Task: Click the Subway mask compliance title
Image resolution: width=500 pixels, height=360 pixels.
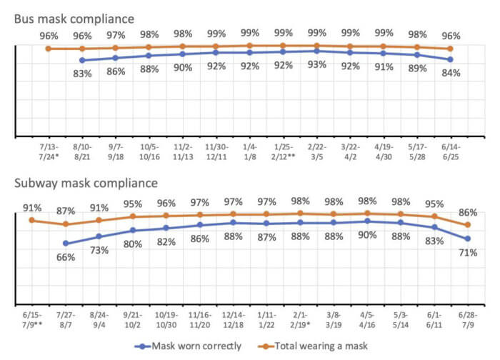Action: [86, 184]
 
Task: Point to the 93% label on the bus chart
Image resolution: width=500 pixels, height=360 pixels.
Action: [316, 65]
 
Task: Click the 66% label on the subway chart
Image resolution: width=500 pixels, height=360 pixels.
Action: [65, 256]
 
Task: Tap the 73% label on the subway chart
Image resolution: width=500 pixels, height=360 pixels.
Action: [99, 250]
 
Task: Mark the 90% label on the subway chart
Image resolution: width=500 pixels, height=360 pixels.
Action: [367, 235]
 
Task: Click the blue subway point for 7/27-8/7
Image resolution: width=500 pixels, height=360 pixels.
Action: [66, 243]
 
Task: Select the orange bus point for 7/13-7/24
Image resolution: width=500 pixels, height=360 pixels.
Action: [48, 49]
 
